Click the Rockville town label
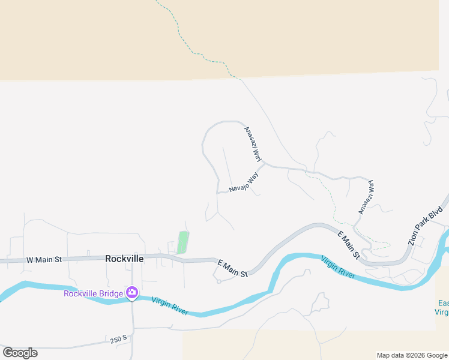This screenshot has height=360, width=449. pyautogui.click(x=124, y=259)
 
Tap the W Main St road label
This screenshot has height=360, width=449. pyautogui.click(x=44, y=260)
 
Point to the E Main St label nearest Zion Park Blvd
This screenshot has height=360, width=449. pyautogui.click(x=348, y=245)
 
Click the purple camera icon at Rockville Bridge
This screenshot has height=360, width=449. pyautogui.click(x=131, y=293)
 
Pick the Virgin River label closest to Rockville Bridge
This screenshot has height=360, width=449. pyautogui.click(x=170, y=306)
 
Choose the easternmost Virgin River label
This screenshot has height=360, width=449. pyautogui.click(x=337, y=268)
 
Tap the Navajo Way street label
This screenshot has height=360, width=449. pyautogui.click(x=244, y=183)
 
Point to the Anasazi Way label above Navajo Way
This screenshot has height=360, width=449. pyautogui.click(x=253, y=145)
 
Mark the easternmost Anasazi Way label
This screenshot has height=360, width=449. pyautogui.click(x=366, y=197)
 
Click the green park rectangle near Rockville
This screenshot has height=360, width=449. pyautogui.click(x=182, y=243)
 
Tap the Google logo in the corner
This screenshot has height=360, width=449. pyautogui.click(x=20, y=353)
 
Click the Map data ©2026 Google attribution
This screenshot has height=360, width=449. pyautogui.click(x=412, y=355)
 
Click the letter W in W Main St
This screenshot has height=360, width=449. pyautogui.click(x=29, y=260)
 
